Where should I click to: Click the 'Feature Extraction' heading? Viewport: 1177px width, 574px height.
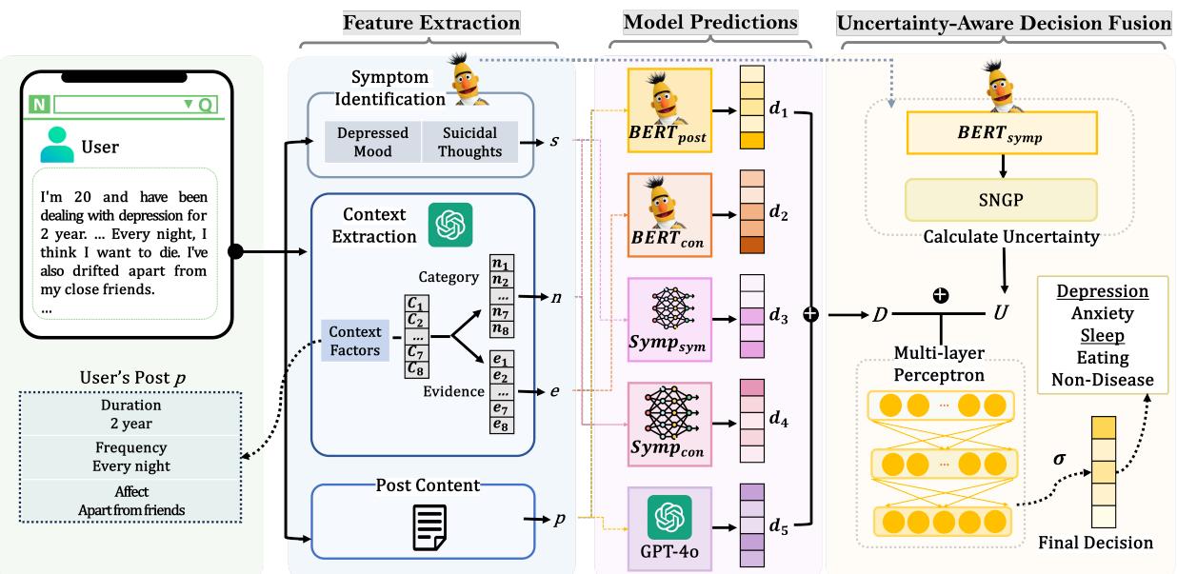[x=431, y=22]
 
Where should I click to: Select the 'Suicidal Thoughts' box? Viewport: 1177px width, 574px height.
[x=469, y=142]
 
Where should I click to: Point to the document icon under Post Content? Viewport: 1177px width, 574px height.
[x=429, y=526]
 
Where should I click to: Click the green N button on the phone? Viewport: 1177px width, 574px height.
[x=39, y=104]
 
